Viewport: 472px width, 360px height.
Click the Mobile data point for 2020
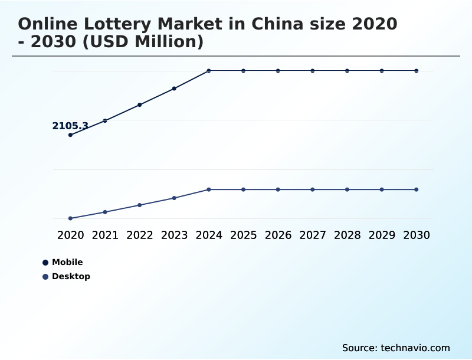70,135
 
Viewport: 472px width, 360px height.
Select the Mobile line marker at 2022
139,105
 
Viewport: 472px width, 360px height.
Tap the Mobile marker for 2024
209,71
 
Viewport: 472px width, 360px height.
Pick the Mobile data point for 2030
417,71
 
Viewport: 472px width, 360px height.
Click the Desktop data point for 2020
70,218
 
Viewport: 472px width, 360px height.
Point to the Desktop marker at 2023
174,198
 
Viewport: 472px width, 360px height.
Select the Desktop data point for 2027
313,189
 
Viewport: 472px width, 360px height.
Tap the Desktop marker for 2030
417,189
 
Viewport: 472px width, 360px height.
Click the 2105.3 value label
70,126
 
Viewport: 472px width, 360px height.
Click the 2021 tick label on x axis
105,235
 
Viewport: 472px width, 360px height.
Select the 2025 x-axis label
243,235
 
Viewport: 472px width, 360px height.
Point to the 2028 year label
347,235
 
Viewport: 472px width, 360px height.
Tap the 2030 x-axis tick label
417,235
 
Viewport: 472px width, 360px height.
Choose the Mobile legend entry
67,262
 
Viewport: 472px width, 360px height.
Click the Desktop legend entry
70,276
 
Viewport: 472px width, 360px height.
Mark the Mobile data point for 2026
278,71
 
